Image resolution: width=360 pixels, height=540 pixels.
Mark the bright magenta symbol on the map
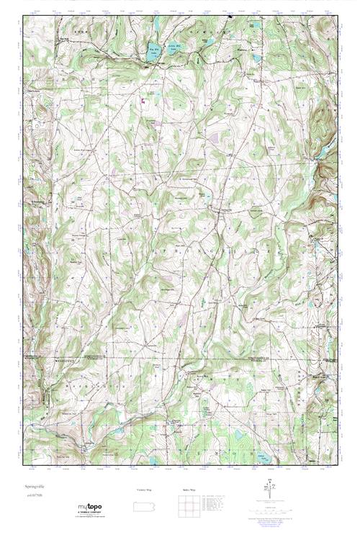tap(143, 102)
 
